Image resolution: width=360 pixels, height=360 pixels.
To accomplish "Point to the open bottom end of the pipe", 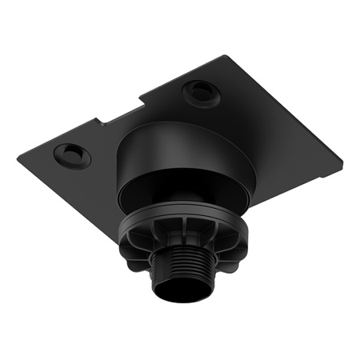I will click(x=180, y=303).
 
